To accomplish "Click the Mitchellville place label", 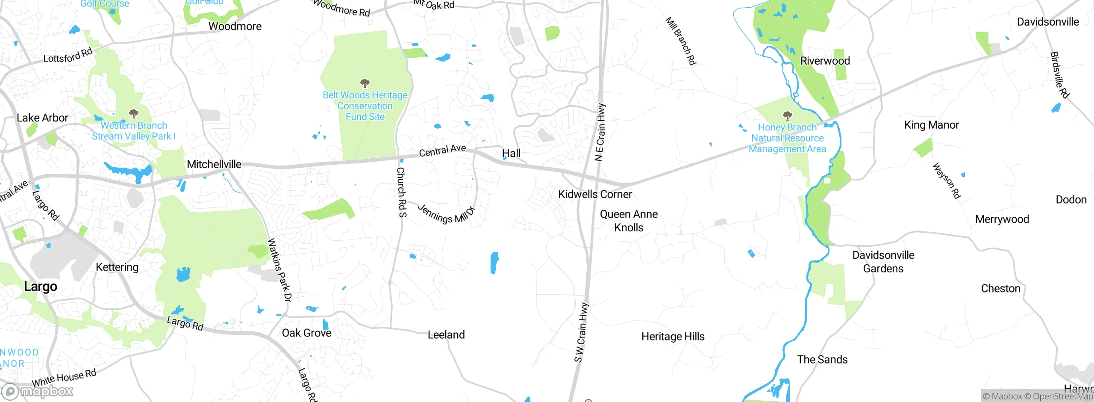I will tap(214, 164).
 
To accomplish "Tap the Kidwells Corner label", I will tap(595, 194).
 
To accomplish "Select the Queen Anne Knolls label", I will tap(629, 221).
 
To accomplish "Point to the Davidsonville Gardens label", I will tap(883, 262).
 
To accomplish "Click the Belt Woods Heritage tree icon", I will tap(365, 83).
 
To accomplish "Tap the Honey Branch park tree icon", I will tap(787, 115).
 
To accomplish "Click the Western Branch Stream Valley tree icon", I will tap(134, 113).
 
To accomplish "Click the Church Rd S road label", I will tap(401, 192).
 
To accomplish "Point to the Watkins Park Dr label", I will tap(279, 270).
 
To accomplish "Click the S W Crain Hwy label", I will tap(582, 332).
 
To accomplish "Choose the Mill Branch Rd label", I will tap(681, 41).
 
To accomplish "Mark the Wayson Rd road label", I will tap(947, 180).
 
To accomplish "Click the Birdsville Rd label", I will tap(1059, 75).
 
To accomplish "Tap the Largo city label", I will tap(41, 286).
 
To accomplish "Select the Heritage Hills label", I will tap(673, 337).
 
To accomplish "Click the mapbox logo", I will tap(38, 391).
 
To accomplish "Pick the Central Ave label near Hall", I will tap(442, 151).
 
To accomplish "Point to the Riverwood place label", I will tap(825, 61).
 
